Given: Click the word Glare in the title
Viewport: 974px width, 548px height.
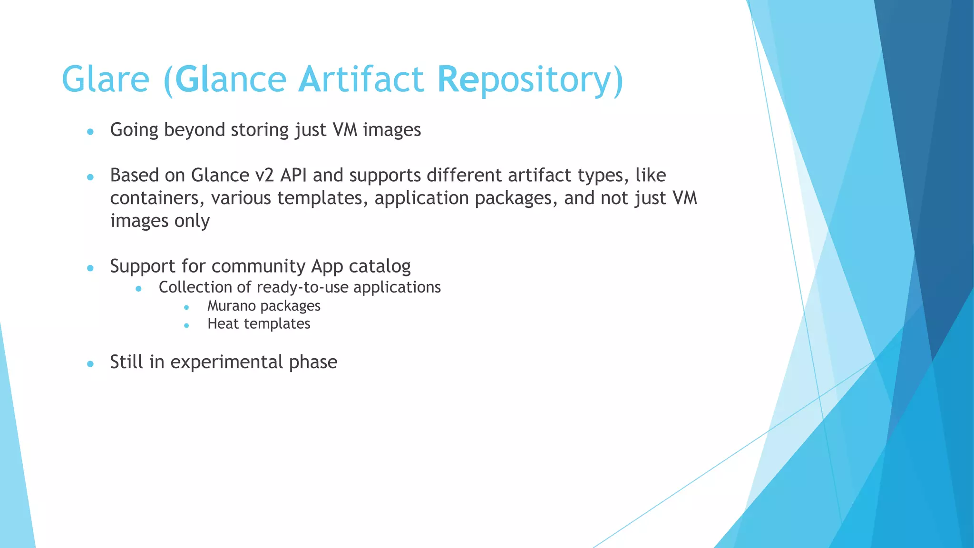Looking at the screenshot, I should pos(106,79).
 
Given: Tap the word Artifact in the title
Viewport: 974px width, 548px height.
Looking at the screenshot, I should pos(360,79).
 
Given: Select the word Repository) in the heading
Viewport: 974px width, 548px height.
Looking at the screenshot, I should pos(530,79).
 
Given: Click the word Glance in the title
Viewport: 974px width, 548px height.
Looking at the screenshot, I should pos(231,79).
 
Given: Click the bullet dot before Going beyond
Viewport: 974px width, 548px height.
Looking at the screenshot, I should pos(90,131).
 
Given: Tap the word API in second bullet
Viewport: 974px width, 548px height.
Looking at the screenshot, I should pos(293,176).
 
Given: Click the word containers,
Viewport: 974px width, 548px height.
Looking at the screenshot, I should pos(157,198).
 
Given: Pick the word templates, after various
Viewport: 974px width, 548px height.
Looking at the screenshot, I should pos(323,198).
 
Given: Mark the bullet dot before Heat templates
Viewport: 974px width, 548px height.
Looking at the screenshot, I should pos(186,325).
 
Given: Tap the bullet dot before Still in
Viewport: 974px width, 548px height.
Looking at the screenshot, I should pos(90,364).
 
